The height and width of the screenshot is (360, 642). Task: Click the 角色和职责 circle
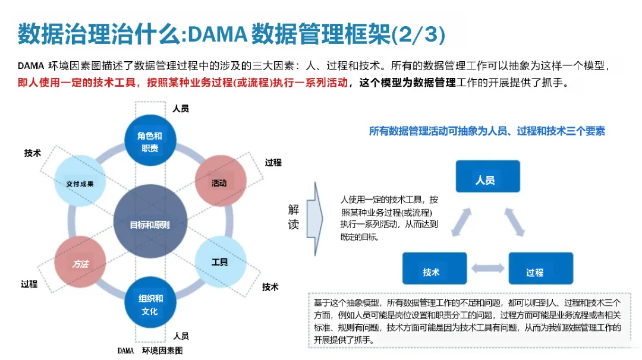tap(149, 141)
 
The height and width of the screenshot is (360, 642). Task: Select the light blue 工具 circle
tap(221, 262)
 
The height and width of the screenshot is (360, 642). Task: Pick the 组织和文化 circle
tap(150, 303)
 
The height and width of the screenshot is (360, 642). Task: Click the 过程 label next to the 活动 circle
tap(273, 162)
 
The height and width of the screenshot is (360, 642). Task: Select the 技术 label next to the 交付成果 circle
tap(33, 153)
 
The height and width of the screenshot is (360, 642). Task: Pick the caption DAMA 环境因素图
tap(150, 350)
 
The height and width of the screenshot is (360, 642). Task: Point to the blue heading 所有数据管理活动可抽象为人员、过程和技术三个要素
tap(487, 131)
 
